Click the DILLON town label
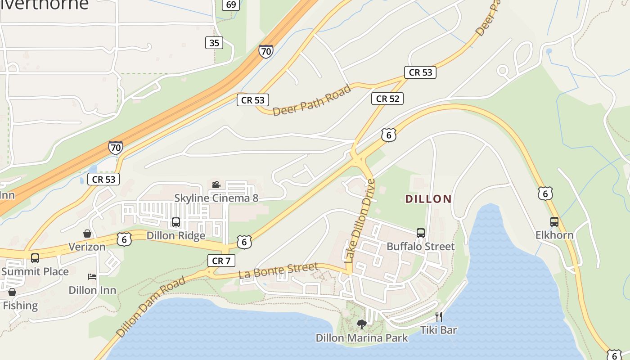click(x=428, y=199)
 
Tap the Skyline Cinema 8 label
click(x=216, y=198)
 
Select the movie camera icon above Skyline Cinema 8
click(x=216, y=184)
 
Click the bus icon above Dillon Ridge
click(x=176, y=222)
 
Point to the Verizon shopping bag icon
click(x=87, y=234)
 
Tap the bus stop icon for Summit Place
click(x=35, y=258)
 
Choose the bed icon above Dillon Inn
click(x=92, y=277)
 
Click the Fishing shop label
click(x=20, y=306)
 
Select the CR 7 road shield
click(x=221, y=261)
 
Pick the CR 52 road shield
click(x=387, y=99)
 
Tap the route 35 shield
click(x=214, y=43)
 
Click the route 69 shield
click(x=231, y=5)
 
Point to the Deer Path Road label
click(x=311, y=100)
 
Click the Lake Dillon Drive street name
click(x=359, y=220)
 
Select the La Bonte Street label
click(x=278, y=270)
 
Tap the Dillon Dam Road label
click(x=151, y=307)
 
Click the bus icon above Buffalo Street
click(x=421, y=233)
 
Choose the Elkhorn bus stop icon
click(x=554, y=222)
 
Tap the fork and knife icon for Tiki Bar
click(x=439, y=316)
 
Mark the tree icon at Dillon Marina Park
click(x=361, y=324)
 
